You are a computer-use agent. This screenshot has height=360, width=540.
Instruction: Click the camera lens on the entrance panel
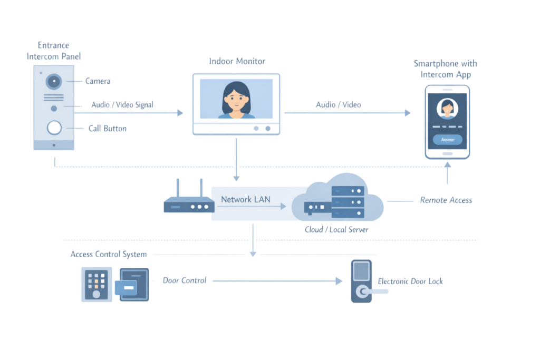coord(54,81)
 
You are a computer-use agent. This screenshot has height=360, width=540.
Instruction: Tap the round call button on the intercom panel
coord(54,128)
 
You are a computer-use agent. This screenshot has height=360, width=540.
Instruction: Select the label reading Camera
coord(98,81)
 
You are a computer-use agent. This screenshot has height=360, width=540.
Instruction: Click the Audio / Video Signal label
coord(122,105)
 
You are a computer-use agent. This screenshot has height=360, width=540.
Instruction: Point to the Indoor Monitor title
coord(237,61)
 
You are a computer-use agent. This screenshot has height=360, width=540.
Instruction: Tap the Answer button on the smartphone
coord(447,140)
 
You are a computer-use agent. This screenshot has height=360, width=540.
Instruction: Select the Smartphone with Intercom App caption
coord(445,69)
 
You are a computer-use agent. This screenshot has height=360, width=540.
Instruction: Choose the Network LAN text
coord(245,199)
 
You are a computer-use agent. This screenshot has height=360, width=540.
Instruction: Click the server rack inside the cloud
coord(348,201)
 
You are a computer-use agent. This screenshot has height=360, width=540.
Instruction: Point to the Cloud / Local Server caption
coord(336,230)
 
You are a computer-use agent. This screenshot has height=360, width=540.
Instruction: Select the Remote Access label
coord(446,200)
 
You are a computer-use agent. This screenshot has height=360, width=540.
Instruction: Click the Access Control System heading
coord(109,255)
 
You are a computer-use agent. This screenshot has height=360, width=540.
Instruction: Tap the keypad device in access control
coord(96,284)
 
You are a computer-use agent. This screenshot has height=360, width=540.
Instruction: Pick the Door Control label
coord(185,280)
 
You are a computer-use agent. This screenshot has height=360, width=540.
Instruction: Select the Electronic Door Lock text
coord(410,281)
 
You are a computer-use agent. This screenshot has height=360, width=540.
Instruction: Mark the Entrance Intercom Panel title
coord(54,51)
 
